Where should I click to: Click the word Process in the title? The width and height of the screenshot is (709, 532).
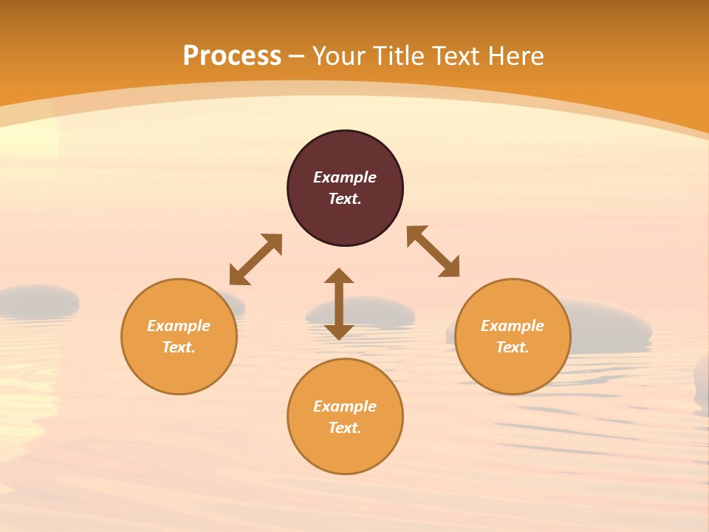(x=232, y=56)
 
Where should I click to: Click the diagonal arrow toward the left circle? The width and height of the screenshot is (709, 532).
(x=256, y=259)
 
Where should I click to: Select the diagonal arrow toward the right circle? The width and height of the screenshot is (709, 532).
(x=434, y=251)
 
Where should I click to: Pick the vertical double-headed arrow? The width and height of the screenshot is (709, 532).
(x=339, y=304)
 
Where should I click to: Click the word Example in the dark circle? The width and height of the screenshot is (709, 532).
(x=345, y=177)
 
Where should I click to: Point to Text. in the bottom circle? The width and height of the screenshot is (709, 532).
(x=345, y=428)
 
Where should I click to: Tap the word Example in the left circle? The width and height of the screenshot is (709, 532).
(x=179, y=326)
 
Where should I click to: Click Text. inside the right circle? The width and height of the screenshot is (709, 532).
(x=513, y=347)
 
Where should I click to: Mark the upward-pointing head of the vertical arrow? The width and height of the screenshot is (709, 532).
(x=339, y=276)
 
